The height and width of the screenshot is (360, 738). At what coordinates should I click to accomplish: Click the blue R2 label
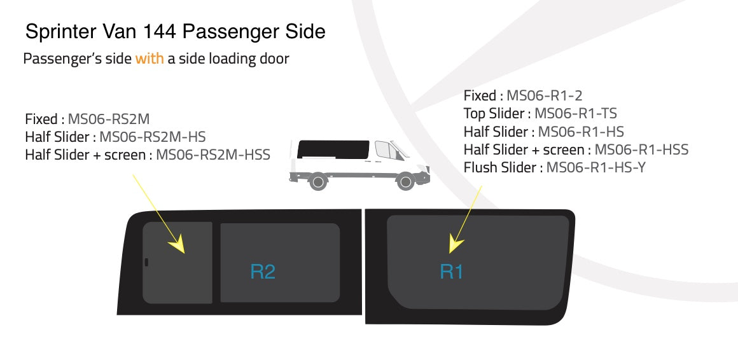[x=263, y=272]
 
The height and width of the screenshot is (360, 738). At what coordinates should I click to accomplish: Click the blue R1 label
[x=451, y=272]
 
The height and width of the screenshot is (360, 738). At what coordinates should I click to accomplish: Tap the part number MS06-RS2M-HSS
[x=213, y=155]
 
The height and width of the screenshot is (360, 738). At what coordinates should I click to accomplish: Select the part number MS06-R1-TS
[x=575, y=114]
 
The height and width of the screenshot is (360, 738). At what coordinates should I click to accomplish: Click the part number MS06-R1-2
[x=544, y=96]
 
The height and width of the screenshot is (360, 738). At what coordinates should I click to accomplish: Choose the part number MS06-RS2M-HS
[x=153, y=137]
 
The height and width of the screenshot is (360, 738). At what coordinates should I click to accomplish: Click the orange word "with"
[x=150, y=59]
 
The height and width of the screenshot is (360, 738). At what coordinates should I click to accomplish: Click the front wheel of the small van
[x=405, y=182]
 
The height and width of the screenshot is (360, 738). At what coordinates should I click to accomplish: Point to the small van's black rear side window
[x=333, y=149]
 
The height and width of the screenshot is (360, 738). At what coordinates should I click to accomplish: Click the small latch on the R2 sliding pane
[x=146, y=261]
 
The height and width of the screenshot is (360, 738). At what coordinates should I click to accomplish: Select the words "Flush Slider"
[x=499, y=168]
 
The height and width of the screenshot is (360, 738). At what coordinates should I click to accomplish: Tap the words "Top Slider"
[x=493, y=114]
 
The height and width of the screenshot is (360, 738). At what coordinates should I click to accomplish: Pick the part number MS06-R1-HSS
[x=641, y=150]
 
